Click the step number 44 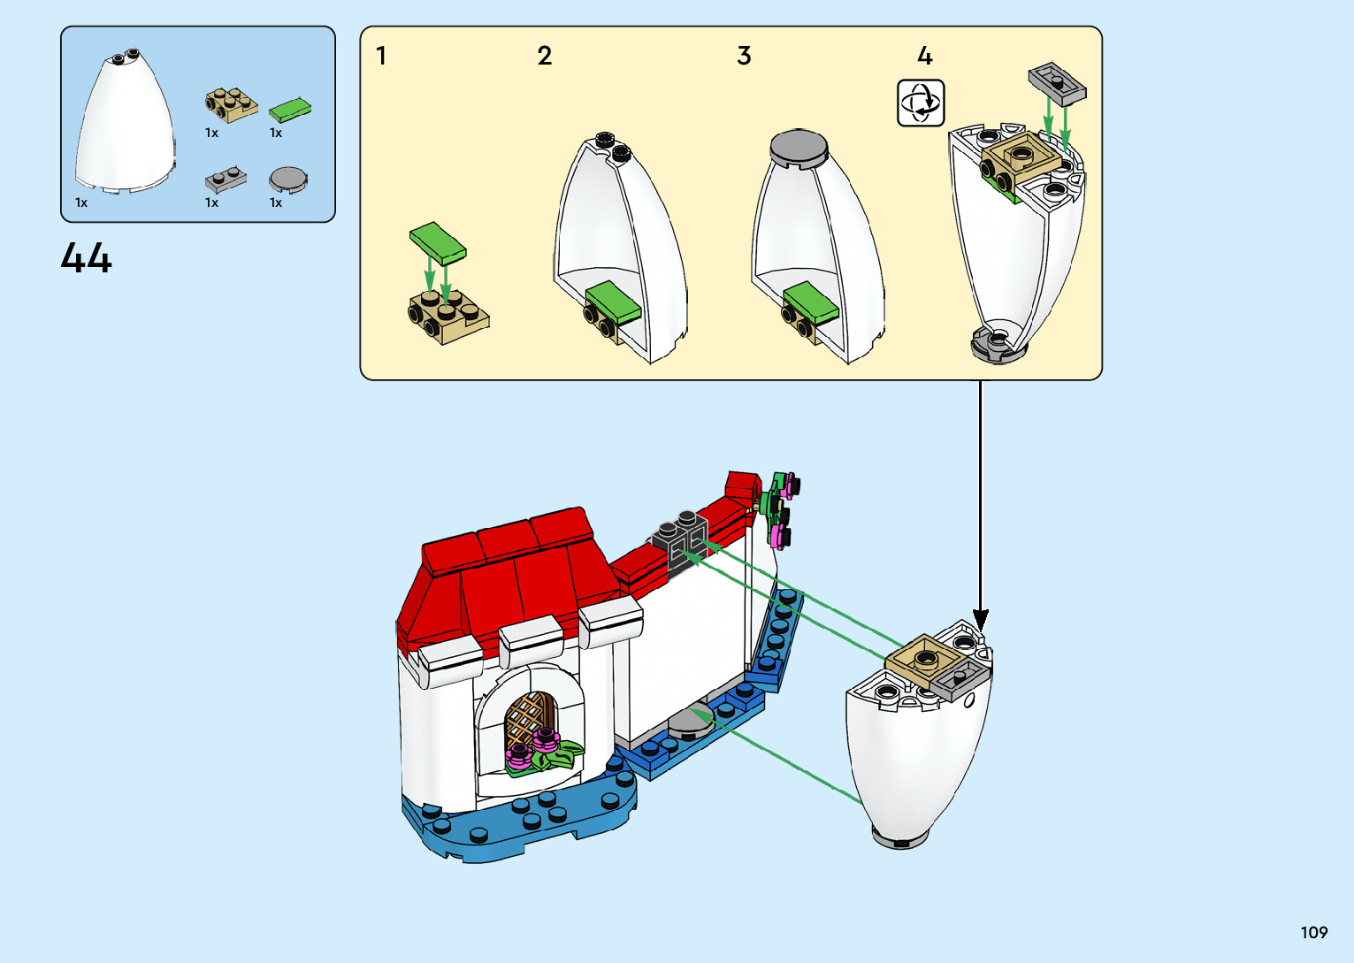[x=87, y=258]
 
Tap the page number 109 [x=1313, y=932]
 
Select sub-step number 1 [x=381, y=57]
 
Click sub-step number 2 [x=545, y=57]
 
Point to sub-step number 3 [x=744, y=57]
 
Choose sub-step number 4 [x=925, y=57]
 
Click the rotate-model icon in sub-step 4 [x=921, y=103]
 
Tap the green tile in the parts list [x=289, y=110]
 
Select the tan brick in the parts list [x=230, y=104]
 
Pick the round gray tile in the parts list [x=288, y=180]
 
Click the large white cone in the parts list [x=124, y=124]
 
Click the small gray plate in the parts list [x=225, y=180]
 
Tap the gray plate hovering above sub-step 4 [x=1057, y=83]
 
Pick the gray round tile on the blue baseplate [x=689, y=722]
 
